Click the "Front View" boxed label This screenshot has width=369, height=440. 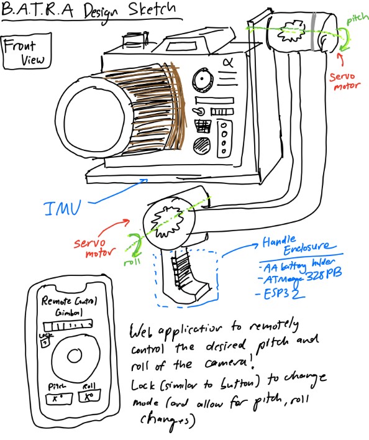27,53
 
